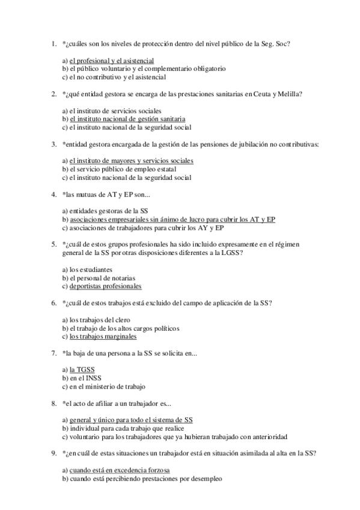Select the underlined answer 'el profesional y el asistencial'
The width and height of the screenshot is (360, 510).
tap(111, 61)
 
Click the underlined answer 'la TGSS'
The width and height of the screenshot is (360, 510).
tap(82, 370)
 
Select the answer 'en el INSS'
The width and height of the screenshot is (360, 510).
tap(84, 378)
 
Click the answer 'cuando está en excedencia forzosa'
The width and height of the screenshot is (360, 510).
tap(120, 470)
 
